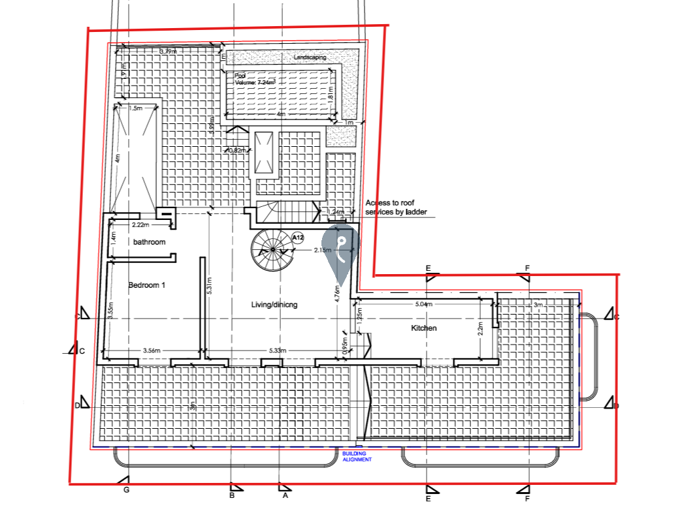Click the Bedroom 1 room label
tap(147, 285)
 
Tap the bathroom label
tap(150, 242)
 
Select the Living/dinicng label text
tap(274, 304)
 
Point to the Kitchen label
tap(423, 328)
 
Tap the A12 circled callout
tap(298, 238)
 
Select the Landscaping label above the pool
tap(310, 57)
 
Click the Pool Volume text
tap(255, 80)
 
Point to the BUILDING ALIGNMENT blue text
tap(357, 456)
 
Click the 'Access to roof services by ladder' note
tap(397, 208)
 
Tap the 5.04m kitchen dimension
tap(423, 304)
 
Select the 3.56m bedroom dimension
tap(152, 350)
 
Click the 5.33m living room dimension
tap(277, 350)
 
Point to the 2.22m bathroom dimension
tap(141, 225)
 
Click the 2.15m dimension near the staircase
tap(322, 250)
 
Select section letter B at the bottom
tap(231, 495)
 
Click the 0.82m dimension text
tap(238, 151)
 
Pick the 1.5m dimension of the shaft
tap(135, 108)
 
